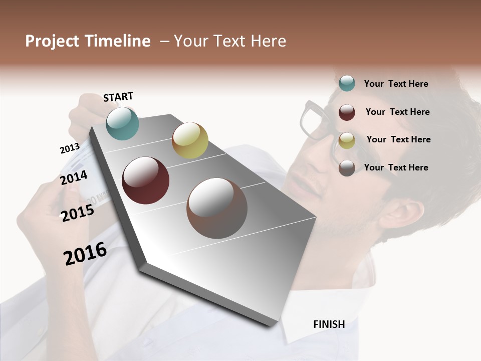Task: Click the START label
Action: [x=118, y=97]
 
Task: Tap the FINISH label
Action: [x=329, y=324]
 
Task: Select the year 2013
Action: [x=70, y=148]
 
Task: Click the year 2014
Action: [x=74, y=178]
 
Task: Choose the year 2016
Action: [x=85, y=254]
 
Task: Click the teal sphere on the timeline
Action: [x=122, y=123]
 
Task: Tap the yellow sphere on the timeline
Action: [x=190, y=140]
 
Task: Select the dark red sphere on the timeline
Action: [x=145, y=180]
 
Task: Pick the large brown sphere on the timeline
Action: [x=216, y=208]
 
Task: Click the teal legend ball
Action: [x=347, y=83]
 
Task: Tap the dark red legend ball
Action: [x=347, y=112]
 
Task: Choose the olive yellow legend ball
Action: [x=347, y=140]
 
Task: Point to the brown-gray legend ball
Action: [x=347, y=168]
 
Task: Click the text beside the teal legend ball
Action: [x=396, y=84]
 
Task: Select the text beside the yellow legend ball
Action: [x=398, y=139]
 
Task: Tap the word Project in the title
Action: [x=52, y=41]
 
